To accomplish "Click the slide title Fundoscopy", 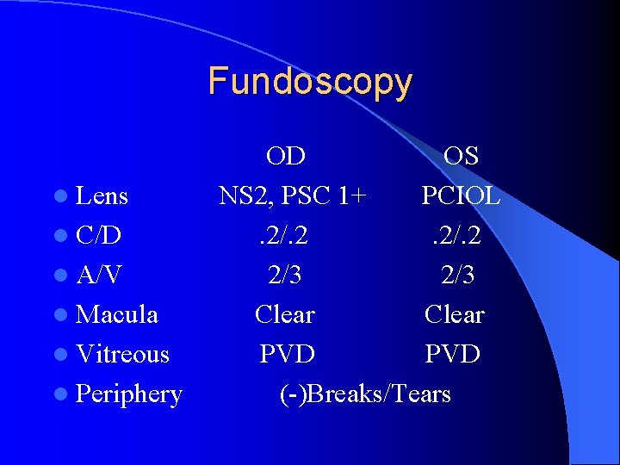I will pos(310,82).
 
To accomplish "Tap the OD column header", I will pos(285,156).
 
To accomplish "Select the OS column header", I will pos(461,156).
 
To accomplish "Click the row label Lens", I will pos(102,196).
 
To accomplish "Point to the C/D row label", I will pos(98,236).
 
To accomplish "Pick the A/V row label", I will pos(98,276).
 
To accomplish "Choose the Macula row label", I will pos(117,315).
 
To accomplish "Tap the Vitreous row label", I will pos(122,354).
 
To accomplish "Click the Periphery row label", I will pos(129,394).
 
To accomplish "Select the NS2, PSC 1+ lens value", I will pos(293,196).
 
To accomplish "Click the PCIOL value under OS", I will pos(461,196).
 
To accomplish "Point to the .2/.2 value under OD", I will pos(285,236).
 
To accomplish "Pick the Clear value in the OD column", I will pos(285,315).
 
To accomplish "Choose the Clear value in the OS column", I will pos(455,315).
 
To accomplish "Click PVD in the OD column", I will pos(287,354).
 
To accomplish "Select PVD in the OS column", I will pos(453,354).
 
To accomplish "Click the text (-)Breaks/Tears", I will pos(365,394).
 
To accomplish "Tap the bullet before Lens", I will pos(65,197).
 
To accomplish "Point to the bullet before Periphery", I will pos(65,395).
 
